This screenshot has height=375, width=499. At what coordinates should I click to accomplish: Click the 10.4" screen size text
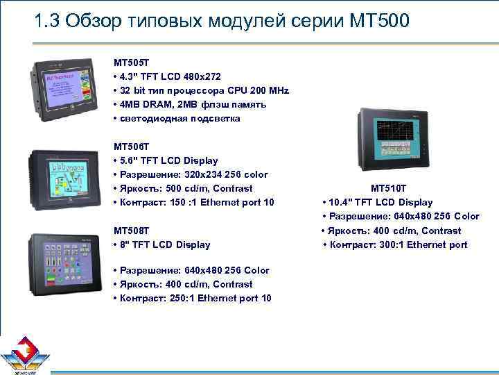tap(343, 202)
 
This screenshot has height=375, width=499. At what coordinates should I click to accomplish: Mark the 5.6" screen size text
tap(130, 160)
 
